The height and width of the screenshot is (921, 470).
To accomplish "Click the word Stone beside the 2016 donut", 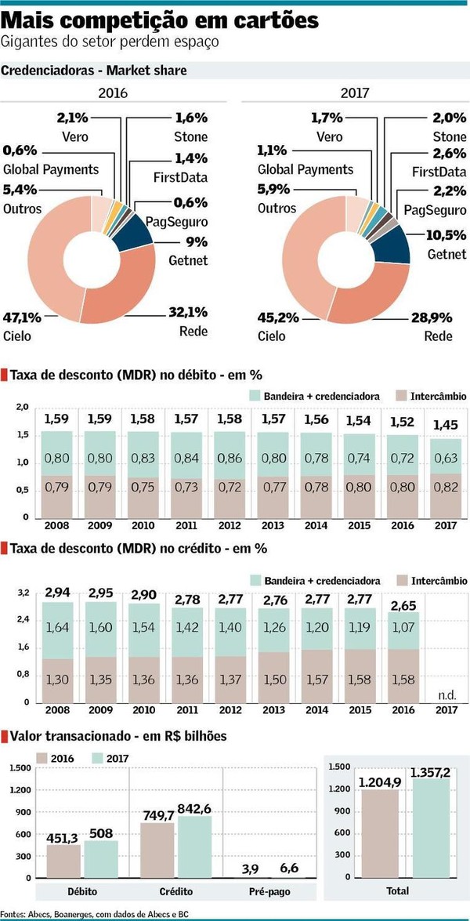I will [x=191, y=137].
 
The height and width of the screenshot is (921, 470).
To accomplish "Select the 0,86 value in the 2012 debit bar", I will [x=231, y=455].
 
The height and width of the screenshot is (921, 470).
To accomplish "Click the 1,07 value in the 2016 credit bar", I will [x=402, y=628].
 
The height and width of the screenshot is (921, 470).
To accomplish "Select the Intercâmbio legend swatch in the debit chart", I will [x=402, y=397].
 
